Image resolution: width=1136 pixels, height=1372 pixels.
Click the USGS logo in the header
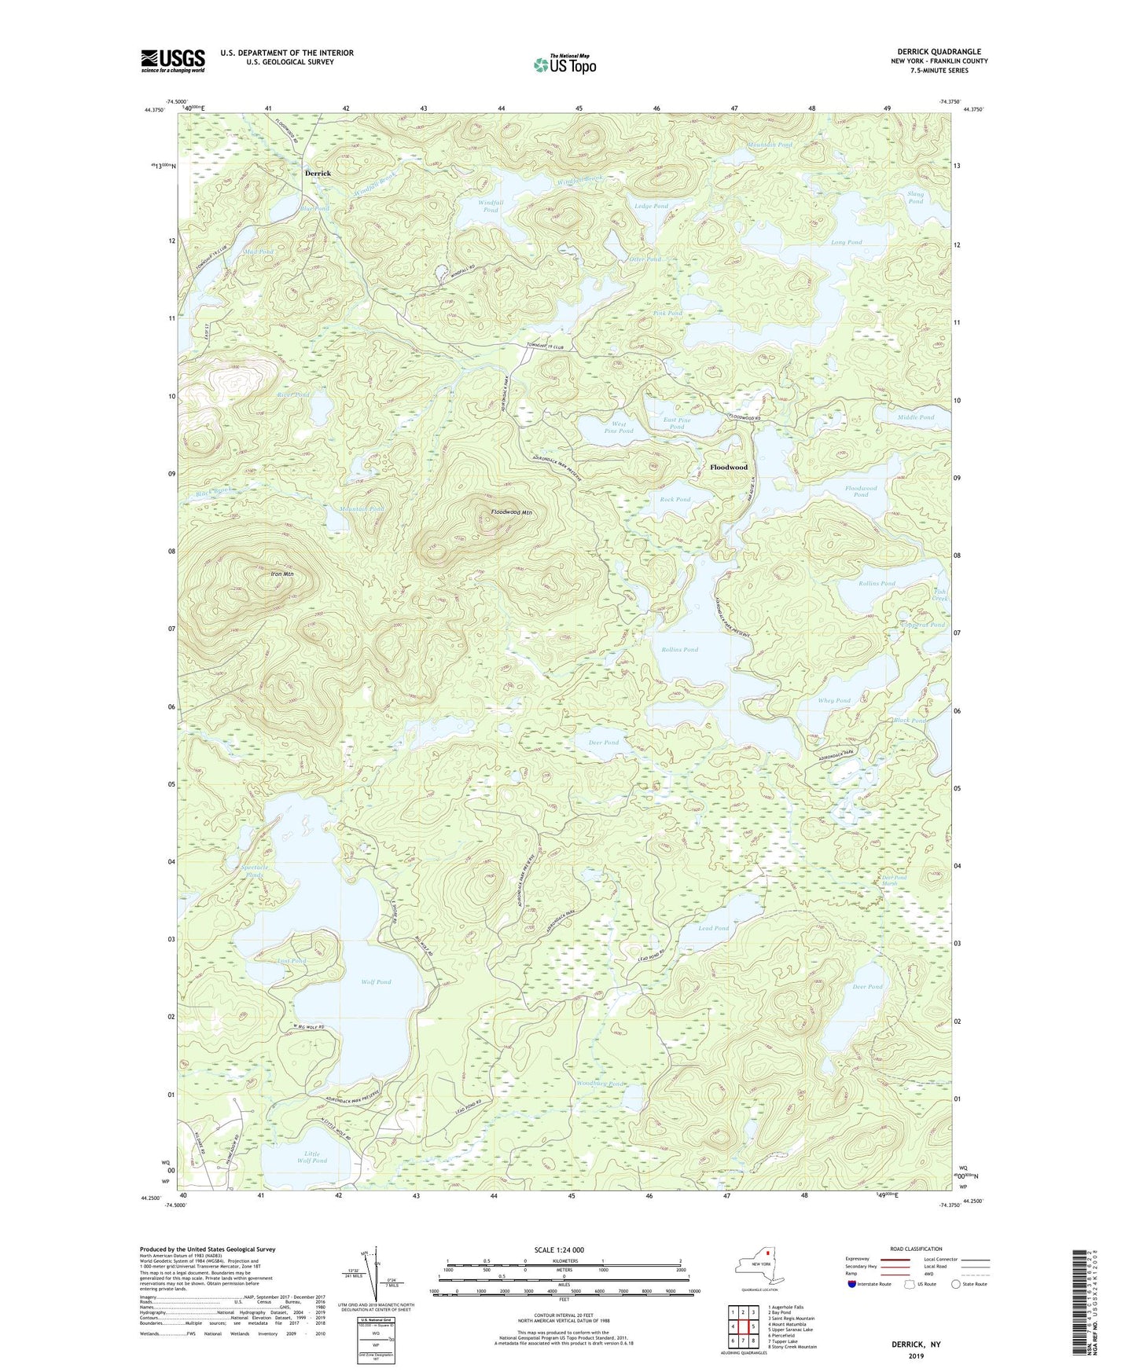click(x=173, y=61)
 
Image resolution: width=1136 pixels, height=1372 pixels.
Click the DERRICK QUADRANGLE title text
click(x=939, y=52)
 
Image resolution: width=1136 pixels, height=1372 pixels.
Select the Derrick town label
click(x=318, y=173)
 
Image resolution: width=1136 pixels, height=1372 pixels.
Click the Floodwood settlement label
click(x=728, y=467)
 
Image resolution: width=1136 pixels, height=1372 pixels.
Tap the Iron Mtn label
click(x=281, y=574)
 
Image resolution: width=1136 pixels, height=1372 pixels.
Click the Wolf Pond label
click(x=376, y=982)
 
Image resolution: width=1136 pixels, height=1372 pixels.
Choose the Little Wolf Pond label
click(x=312, y=1157)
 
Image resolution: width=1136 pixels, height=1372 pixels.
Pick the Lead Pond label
click(x=713, y=929)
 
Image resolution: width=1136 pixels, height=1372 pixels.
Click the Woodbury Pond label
click(x=600, y=1084)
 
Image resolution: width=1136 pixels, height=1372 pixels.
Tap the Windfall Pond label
click(x=491, y=206)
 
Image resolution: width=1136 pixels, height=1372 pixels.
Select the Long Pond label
click(x=846, y=242)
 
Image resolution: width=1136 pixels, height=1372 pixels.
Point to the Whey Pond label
click(x=833, y=700)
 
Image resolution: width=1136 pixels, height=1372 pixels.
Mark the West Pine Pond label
click(x=618, y=427)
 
